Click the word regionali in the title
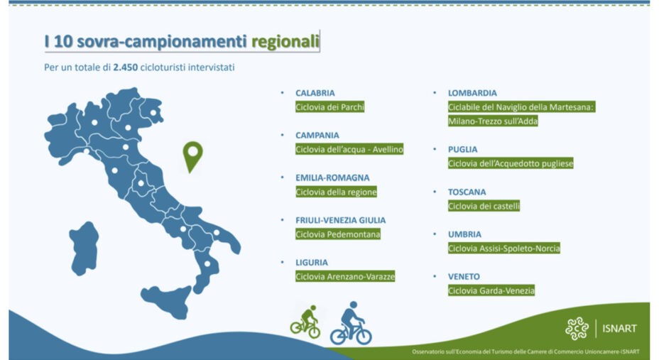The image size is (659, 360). [285, 42]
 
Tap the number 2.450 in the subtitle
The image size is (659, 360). [125, 67]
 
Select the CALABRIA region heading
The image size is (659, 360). [315, 93]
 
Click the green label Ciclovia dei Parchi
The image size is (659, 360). [330, 107]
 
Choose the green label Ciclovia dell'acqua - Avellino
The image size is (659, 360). [349, 149]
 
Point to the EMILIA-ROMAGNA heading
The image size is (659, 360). [332, 178]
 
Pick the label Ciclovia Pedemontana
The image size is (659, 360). [338, 234]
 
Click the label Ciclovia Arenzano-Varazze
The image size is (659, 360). [345, 276]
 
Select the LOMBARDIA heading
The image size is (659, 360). [472, 93]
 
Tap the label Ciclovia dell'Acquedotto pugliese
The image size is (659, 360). [511, 163]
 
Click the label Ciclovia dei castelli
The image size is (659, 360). [484, 206]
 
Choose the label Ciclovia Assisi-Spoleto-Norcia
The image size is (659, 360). [504, 249]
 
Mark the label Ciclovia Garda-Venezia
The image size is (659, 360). [491, 290]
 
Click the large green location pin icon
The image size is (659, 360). [193, 156]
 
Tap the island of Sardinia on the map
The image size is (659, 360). [84, 248]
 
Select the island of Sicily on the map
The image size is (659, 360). [168, 300]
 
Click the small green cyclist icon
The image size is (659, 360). [305, 322]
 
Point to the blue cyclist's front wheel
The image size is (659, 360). [363, 336]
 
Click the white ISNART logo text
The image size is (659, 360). [619, 328]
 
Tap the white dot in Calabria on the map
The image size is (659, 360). [207, 264]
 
